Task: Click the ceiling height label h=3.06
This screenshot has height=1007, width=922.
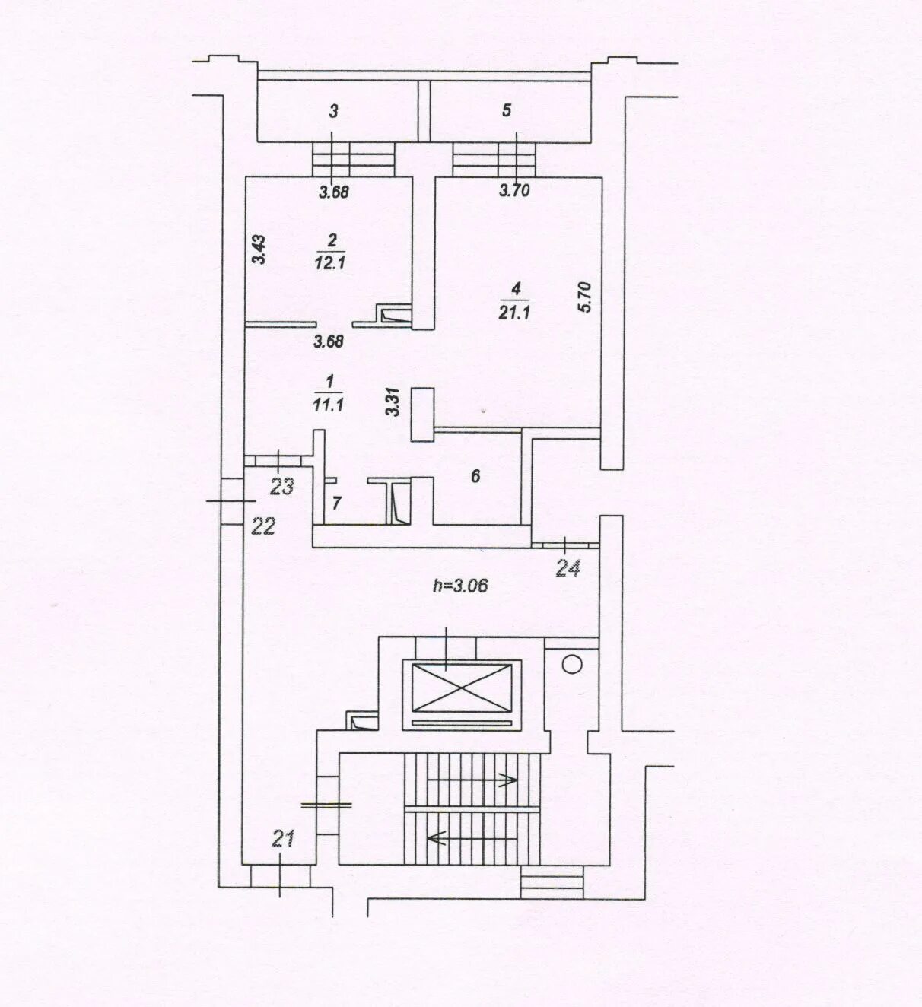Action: point(460,586)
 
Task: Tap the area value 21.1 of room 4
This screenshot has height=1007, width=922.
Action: point(515,313)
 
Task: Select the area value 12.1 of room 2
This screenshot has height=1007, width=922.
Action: point(330,262)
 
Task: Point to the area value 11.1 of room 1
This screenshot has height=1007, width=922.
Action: point(329,405)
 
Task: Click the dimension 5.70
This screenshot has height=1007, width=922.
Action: point(586,297)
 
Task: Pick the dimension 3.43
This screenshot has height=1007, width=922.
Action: point(259,250)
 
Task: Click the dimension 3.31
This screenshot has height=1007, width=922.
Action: point(393,402)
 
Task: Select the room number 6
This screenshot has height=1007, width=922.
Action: point(475,475)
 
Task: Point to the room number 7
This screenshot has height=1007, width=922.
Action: point(337,503)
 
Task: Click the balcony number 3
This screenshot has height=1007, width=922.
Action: point(333,111)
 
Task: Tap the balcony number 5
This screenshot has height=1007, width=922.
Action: point(507,110)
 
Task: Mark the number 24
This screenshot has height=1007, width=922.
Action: point(568,569)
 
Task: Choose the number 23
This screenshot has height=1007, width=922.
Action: point(282,487)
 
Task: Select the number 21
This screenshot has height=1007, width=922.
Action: point(284,840)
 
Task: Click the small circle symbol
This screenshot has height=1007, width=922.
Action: point(572,666)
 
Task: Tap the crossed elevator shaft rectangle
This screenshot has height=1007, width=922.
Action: point(462,688)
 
